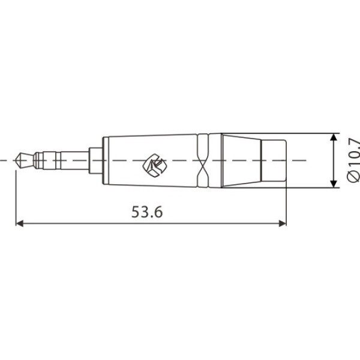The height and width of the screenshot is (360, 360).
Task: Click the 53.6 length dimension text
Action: pos(147,212)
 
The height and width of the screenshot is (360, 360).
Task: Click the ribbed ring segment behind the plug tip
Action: pos(38,160)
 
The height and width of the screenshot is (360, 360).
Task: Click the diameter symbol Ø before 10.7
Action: pos(354,178)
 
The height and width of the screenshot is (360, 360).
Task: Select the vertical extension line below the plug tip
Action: pos(15,198)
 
